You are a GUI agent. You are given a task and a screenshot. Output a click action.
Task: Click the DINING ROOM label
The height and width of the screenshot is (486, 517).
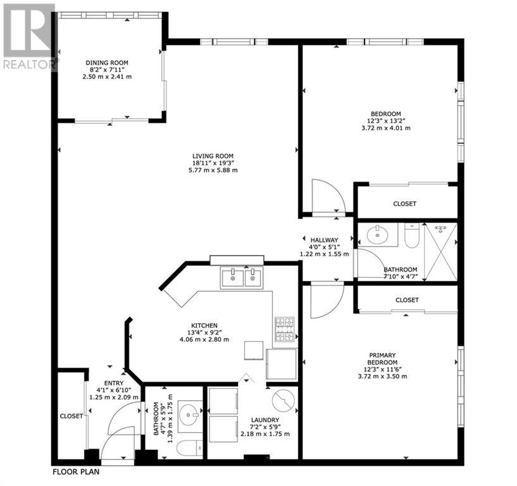(107, 63)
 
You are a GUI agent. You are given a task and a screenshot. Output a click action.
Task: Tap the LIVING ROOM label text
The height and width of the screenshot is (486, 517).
(213, 156)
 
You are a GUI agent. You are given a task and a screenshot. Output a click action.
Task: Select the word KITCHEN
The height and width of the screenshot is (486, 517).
(204, 325)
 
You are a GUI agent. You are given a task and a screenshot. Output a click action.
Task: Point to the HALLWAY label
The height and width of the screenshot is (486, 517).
(324, 240)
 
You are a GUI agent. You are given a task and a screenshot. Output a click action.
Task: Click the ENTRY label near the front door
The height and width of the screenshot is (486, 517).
(114, 383)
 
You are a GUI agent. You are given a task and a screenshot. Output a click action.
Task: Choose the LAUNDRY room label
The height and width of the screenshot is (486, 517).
(265, 420)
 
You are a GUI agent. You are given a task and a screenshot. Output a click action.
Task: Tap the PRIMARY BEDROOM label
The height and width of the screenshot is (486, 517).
(382, 359)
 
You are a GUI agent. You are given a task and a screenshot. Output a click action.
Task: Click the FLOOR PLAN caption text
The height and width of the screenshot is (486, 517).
(76, 472)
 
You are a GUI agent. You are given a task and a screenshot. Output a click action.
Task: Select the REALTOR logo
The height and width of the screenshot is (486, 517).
(29, 36)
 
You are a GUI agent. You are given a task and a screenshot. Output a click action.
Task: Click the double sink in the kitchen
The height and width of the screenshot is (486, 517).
(242, 278)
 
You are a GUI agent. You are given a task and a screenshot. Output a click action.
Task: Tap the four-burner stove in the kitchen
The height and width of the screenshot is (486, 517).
(285, 329)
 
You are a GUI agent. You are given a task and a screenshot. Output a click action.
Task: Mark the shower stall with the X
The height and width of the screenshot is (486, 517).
(440, 252)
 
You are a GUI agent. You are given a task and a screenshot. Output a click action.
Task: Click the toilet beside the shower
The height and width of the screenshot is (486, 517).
(411, 235)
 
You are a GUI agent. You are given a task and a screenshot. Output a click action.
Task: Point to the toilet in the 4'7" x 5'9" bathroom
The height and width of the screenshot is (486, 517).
(190, 448)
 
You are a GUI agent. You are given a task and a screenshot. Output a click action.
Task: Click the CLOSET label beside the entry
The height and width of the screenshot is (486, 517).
(72, 416)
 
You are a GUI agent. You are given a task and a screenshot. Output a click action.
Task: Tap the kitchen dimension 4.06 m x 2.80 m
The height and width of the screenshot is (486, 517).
(204, 339)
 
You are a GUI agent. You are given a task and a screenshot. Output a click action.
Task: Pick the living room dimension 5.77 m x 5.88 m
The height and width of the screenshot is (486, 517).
(213, 170)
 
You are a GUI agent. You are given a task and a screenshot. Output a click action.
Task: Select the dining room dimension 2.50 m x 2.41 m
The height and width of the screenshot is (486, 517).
(107, 77)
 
